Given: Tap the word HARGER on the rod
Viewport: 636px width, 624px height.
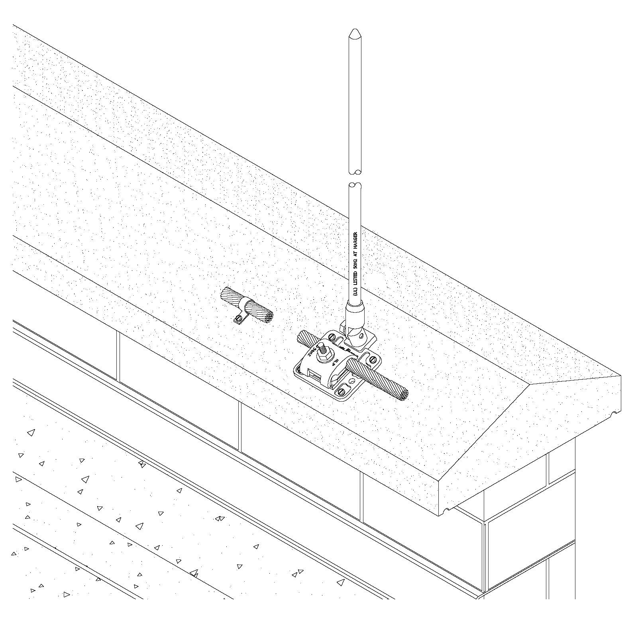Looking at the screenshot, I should (x=355, y=241).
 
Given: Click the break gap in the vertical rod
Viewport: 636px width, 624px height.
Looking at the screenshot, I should (x=355, y=178).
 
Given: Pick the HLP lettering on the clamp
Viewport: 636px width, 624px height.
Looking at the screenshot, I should (x=336, y=362).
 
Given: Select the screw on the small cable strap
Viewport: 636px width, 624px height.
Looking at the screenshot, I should (x=238, y=318).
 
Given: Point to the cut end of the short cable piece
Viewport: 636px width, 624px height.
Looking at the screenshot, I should (x=267, y=315).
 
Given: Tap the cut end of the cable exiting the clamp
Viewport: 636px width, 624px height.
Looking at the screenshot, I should (x=404, y=394).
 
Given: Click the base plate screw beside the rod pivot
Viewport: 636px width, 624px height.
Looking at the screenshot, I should (x=332, y=337).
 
